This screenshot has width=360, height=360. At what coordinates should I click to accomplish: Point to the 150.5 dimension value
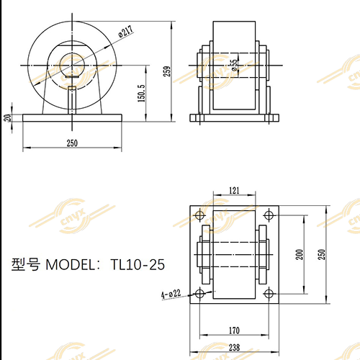click(x=142, y=93)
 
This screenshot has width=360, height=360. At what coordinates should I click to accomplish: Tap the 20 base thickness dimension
click(x=8, y=117)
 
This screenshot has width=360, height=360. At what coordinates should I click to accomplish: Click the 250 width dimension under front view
click(x=72, y=143)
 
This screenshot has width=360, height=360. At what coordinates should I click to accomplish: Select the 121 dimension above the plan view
click(x=234, y=190)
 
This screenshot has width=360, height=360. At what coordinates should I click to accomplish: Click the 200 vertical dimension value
click(x=300, y=254)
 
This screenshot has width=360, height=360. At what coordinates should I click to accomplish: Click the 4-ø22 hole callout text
click(x=170, y=294)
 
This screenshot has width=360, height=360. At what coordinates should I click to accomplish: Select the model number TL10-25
click(x=138, y=265)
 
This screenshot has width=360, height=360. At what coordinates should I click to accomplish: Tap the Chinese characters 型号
click(x=27, y=265)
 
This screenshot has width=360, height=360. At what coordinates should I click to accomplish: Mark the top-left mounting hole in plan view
click(x=199, y=215)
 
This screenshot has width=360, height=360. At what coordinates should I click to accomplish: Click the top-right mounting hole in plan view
click(x=269, y=215)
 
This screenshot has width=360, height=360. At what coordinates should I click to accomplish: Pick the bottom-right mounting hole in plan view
click(x=269, y=293)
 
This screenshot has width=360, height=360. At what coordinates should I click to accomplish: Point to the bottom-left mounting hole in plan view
click(x=199, y=293)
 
